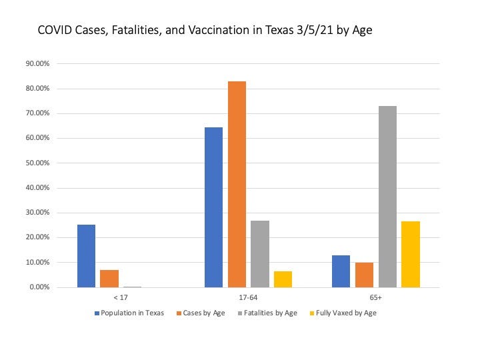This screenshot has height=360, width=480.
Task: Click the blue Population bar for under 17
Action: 86,256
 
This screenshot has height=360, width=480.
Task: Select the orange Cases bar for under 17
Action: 109,279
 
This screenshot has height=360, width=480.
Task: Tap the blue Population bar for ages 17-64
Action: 213,207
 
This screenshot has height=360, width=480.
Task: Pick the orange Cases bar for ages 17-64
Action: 237,184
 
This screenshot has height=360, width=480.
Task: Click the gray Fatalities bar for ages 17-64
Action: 260,254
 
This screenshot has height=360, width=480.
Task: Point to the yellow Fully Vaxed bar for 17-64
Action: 283,279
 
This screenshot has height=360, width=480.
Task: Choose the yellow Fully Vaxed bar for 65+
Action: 411,254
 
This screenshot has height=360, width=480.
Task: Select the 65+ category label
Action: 376,299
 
